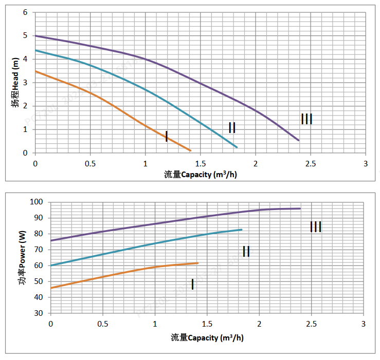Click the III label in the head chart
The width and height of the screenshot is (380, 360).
coord(306,119)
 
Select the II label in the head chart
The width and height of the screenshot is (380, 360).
coord(232,128)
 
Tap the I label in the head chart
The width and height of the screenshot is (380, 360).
coord(166,136)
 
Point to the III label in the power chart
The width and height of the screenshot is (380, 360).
coord(316,226)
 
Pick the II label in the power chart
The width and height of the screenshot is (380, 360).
coord(246,251)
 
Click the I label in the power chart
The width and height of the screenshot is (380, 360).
coord(192,284)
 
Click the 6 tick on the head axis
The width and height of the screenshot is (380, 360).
coord(25,12)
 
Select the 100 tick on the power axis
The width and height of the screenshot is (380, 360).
coord(39,202)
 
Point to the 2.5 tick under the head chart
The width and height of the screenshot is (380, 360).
coord(311,163)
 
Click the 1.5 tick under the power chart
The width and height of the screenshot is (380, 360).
coord(207,324)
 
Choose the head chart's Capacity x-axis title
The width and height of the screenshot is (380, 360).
coord(201,174)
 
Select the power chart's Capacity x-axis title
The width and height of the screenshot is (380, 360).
coord(207,337)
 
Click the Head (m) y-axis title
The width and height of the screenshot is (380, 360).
coord(16,83)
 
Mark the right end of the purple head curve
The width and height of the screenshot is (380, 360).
coord(299,140)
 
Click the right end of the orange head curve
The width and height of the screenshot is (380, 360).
coord(191,150)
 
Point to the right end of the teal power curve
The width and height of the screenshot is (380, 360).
coord(242,230)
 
